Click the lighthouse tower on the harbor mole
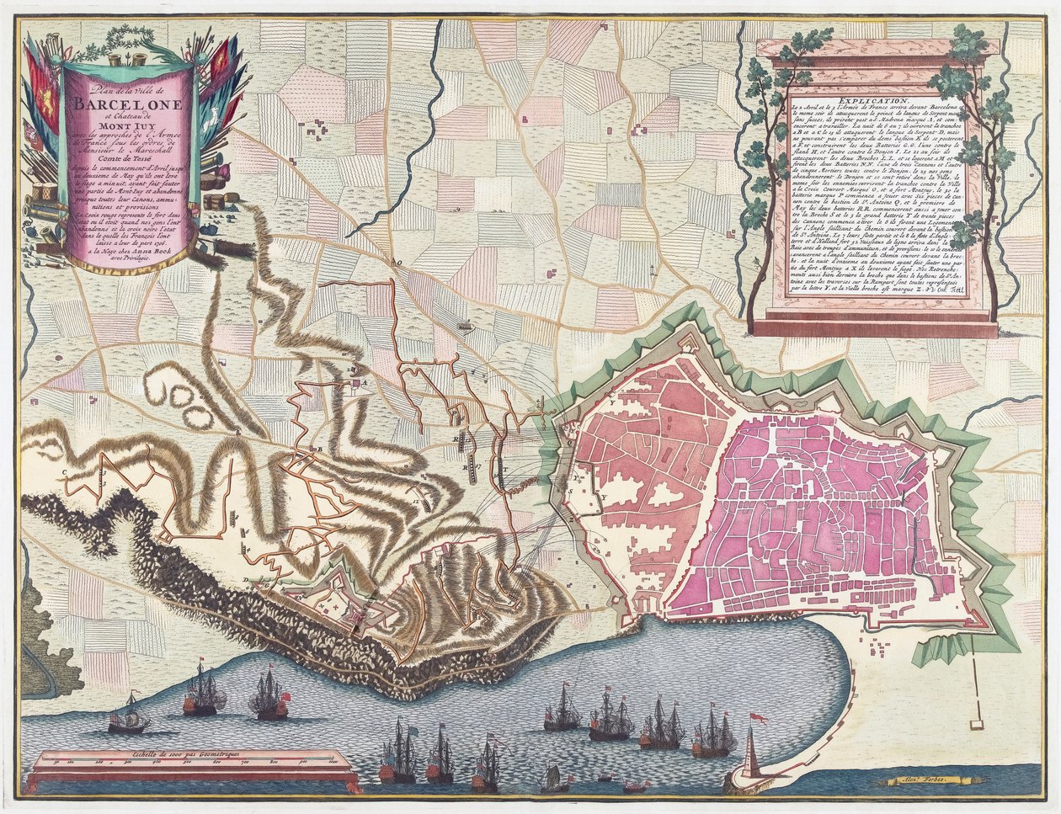pos(750,753)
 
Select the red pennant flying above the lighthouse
pos(758,718)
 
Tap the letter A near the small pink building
pos(365,381)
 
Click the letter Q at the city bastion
pos(568,439)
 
